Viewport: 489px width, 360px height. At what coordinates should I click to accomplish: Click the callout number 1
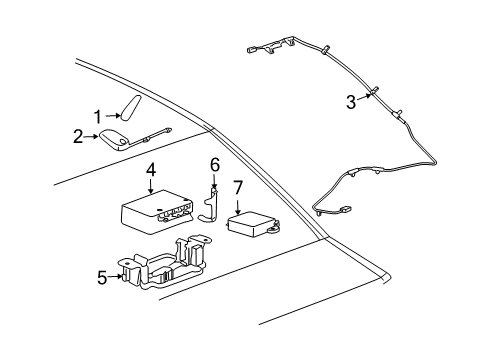pos(99,115)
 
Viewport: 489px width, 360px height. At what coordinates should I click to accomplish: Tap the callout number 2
pos(78,136)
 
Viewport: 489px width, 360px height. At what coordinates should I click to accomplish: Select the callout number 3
pos(351,100)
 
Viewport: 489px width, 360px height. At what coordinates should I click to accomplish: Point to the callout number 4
pos(150,169)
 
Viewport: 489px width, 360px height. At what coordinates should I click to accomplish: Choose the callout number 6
pos(213,162)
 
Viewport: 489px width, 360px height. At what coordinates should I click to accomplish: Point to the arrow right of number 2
pos(93,137)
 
